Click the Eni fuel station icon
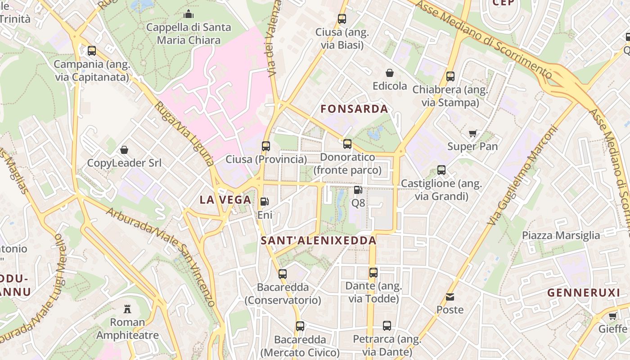click(265, 202)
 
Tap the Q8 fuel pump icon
click(358, 190)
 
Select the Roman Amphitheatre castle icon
click(127, 309)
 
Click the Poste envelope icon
click(450, 297)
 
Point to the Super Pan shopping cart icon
click(472, 133)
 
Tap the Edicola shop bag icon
click(390, 73)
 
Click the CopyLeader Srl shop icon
click(124, 149)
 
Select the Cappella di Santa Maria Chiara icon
click(189, 14)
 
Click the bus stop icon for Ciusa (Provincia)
click(266, 146)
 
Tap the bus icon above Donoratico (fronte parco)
click(347, 144)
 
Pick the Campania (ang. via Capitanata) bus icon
click(92, 51)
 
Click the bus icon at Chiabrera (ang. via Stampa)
click(450, 76)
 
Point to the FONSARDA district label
click(354, 109)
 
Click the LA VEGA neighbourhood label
click(225, 200)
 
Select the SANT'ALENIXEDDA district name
click(319, 241)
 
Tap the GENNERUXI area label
click(584, 292)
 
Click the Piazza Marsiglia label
click(561, 235)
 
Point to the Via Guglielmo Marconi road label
click(522, 175)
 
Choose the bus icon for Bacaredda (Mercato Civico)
click(300, 326)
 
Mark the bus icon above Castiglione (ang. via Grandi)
click(441, 170)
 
